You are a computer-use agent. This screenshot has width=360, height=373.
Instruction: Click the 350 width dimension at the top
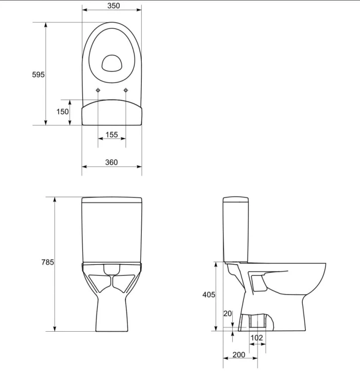tap(111, 6)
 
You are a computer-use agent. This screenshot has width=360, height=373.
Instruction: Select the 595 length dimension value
tap(38, 75)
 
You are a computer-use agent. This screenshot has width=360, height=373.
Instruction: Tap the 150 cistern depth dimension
tap(62, 112)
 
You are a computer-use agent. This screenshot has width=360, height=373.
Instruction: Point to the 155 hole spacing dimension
tap(111, 134)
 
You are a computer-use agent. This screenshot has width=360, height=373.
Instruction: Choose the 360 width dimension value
tap(111, 162)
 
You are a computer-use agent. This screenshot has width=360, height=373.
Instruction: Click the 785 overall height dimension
tap(47, 262)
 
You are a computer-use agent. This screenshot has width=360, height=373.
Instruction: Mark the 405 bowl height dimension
tap(208, 294)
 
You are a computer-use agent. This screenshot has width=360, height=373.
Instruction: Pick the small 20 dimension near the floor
tap(228, 313)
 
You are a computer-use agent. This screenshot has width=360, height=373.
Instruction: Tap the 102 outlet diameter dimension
tap(257, 338)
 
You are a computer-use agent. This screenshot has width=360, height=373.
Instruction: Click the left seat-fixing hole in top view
tap(98, 90)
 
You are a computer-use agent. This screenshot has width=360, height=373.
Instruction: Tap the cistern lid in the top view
tap(111, 112)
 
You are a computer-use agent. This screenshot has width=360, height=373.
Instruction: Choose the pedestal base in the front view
tap(111, 313)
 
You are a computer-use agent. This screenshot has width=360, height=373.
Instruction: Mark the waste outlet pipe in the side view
tap(257, 322)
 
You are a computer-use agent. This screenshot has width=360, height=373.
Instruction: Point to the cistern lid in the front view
tap(111, 200)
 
